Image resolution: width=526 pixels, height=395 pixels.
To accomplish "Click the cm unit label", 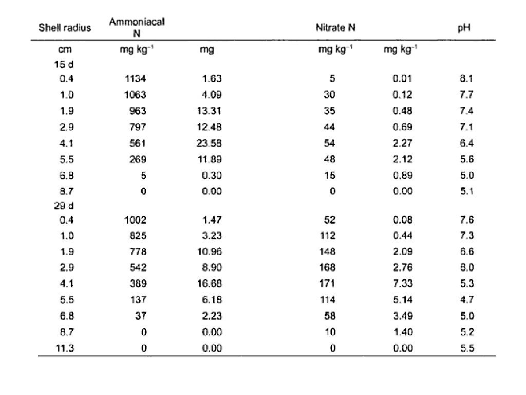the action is [64, 50].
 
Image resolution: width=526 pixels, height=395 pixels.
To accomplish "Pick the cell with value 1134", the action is [136, 79].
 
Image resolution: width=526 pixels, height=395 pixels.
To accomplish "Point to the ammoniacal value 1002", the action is [136, 220].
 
